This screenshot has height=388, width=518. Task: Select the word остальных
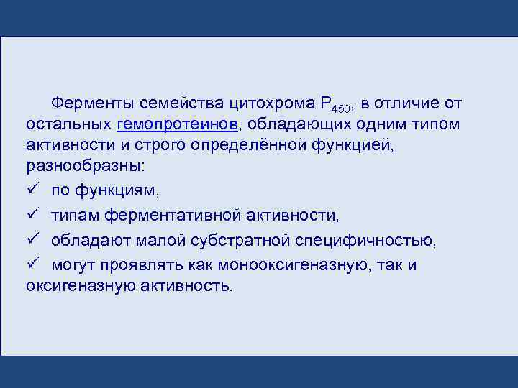coord(68,124)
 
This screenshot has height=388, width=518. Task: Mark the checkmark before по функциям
coord(32,190)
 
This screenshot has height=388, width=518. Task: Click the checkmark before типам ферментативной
coord(32,215)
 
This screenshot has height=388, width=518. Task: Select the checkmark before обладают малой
coord(32,240)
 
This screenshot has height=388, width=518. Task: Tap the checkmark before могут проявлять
coord(32,264)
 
